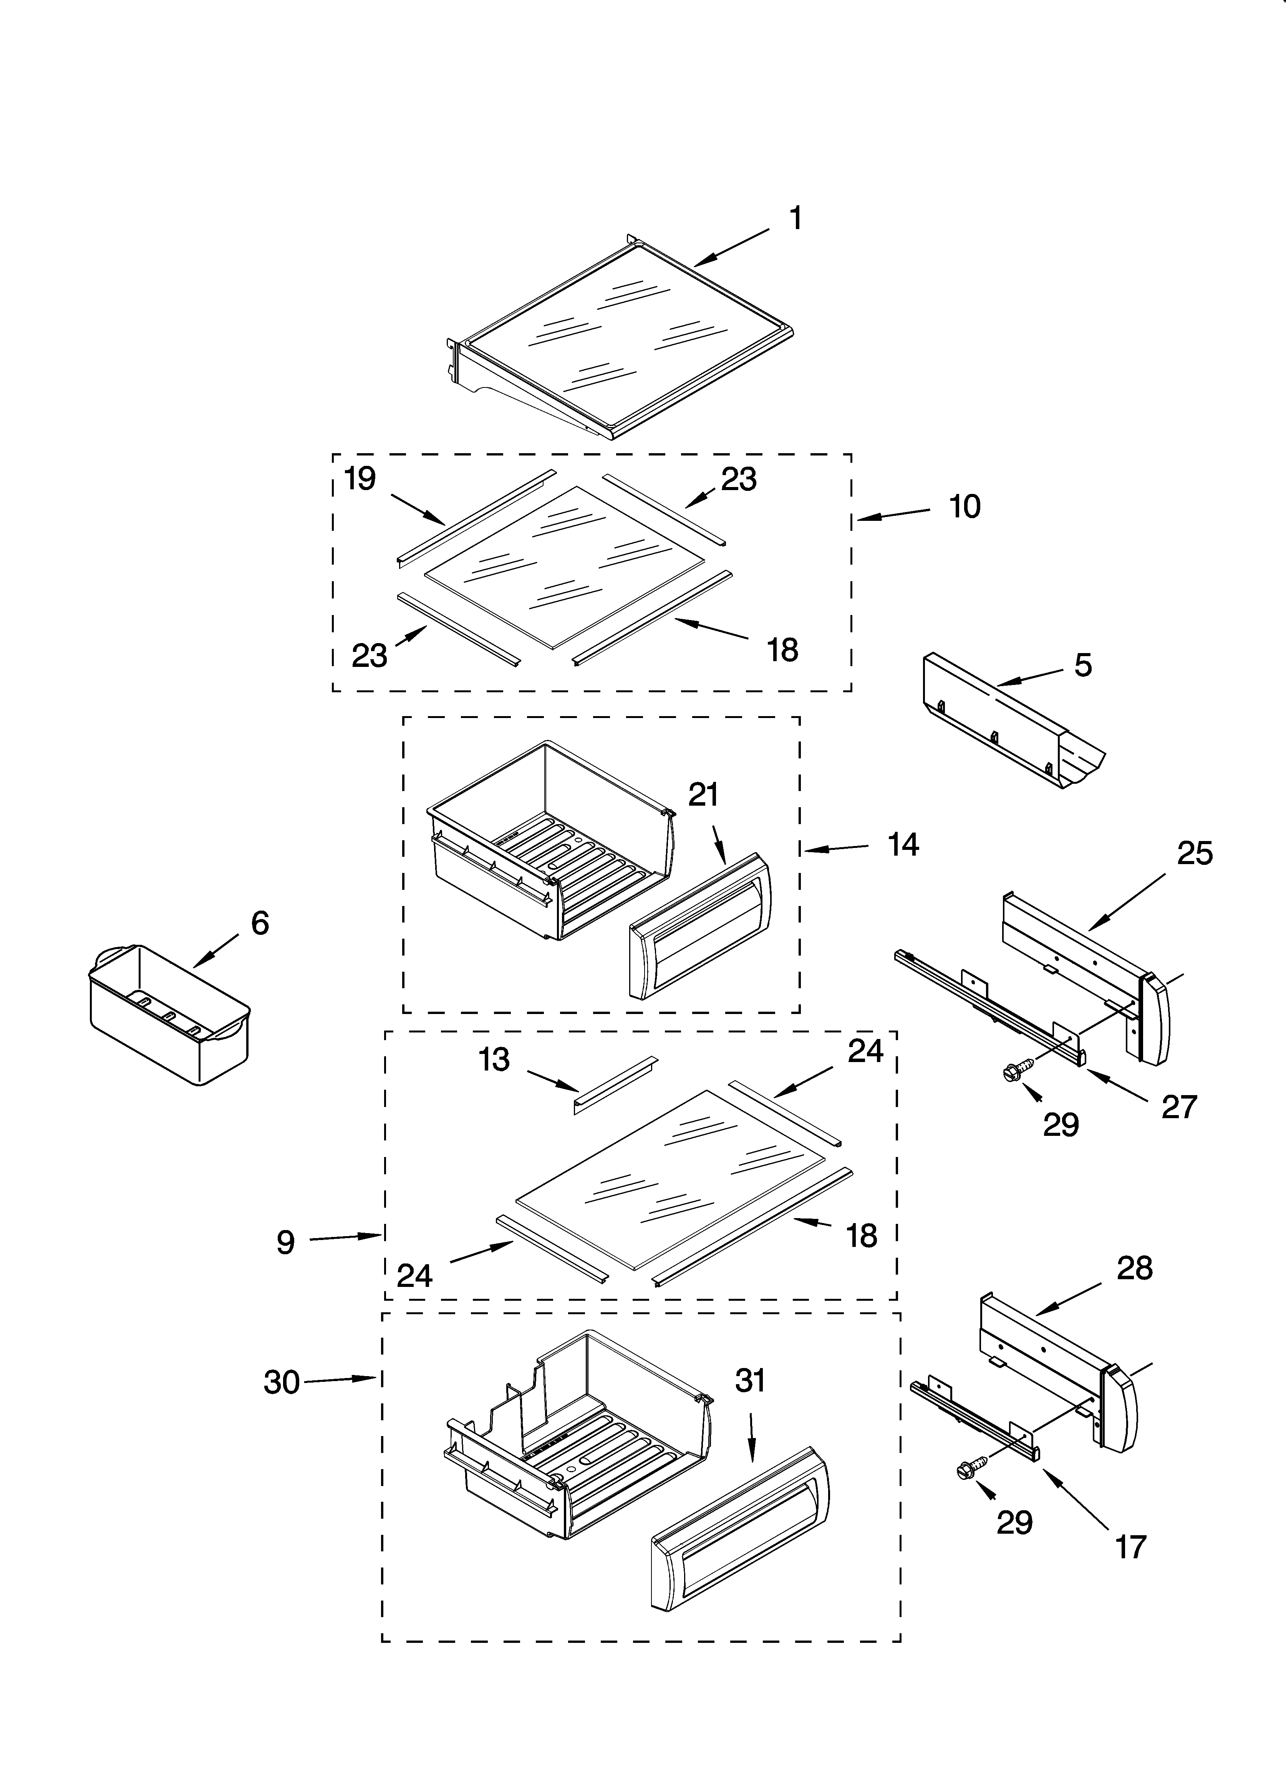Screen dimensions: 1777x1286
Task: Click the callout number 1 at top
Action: click(x=795, y=219)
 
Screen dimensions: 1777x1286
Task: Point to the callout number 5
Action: click(x=1082, y=665)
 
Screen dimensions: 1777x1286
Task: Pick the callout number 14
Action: click(x=903, y=844)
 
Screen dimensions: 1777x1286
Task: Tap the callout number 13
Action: click(x=494, y=1059)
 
